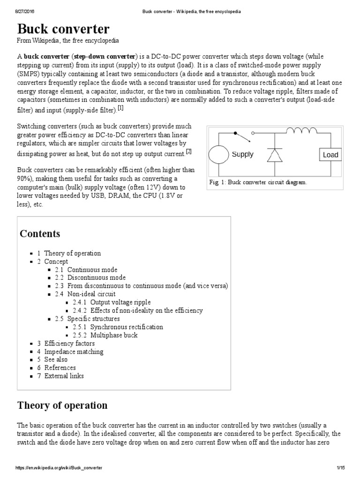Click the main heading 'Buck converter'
63,29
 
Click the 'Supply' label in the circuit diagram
242,154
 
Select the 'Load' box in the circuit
330,155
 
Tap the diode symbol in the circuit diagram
274,155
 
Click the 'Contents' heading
40,233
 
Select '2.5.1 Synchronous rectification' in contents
118,327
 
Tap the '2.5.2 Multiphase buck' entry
105,335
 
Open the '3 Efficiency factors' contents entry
66,343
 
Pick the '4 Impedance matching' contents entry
70,352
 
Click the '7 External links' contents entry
61,376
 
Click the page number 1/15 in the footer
340,468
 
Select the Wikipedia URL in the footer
59,468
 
